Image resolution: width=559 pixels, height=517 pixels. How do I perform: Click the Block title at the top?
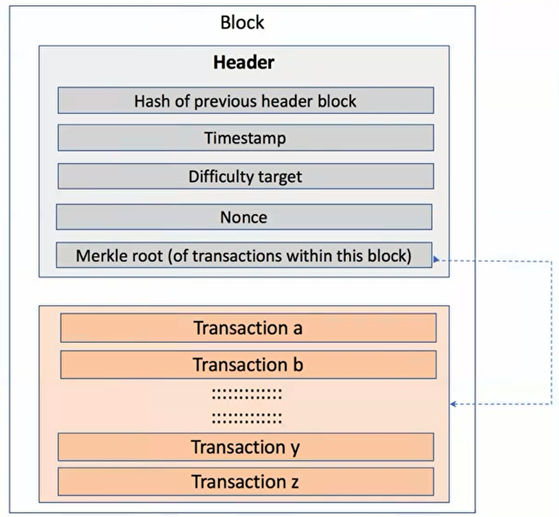coord(242,22)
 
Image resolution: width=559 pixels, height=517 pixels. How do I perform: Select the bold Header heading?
coord(244,62)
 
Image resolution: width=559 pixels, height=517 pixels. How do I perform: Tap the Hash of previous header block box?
coord(246,101)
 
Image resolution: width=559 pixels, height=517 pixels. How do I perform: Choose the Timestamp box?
coord(246,138)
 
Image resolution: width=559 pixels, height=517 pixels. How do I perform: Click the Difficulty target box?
coord(246,176)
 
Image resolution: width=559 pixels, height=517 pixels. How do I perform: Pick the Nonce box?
coord(244,217)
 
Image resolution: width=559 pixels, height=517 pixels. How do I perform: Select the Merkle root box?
coord(244,255)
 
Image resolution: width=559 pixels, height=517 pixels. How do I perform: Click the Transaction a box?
coord(249,328)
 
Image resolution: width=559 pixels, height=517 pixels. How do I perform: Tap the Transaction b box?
coord(249,365)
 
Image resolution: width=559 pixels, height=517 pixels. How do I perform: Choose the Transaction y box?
coord(246,447)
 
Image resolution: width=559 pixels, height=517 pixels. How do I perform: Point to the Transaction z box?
coord(246,481)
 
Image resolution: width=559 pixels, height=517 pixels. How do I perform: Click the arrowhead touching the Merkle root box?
coord(436,259)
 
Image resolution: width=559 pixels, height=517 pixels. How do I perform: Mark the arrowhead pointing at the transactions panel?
coord(453,404)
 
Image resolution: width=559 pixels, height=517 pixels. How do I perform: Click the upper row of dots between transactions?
coord(247,394)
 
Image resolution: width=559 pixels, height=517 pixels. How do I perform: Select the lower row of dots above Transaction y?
coord(247,418)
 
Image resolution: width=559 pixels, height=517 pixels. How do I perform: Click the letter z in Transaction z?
coord(295,483)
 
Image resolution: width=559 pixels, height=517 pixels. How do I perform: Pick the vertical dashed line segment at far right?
coord(552,332)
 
